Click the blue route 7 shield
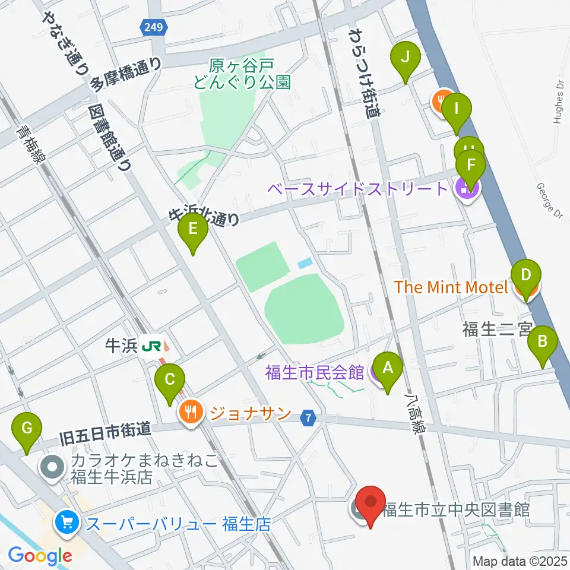[x=307, y=418]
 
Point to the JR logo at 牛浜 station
[x=153, y=346]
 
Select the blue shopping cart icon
[x=66, y=522]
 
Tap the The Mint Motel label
[x=452, y=287]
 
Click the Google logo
[x=40, y=556]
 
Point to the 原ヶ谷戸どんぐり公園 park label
[x=242, y=73]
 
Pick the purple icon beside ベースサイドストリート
[x=467, y=190]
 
